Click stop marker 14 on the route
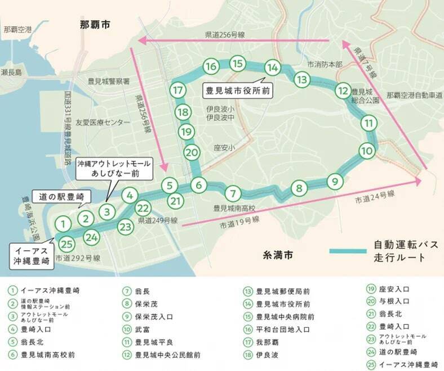pos(273,68)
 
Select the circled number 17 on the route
pos(179,91)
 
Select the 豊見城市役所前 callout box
pos(237,90)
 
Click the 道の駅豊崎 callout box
pos(62,197)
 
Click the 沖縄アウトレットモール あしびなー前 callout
pos(114,168)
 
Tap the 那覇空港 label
pos(17,29)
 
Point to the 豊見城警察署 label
pos(109,81)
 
